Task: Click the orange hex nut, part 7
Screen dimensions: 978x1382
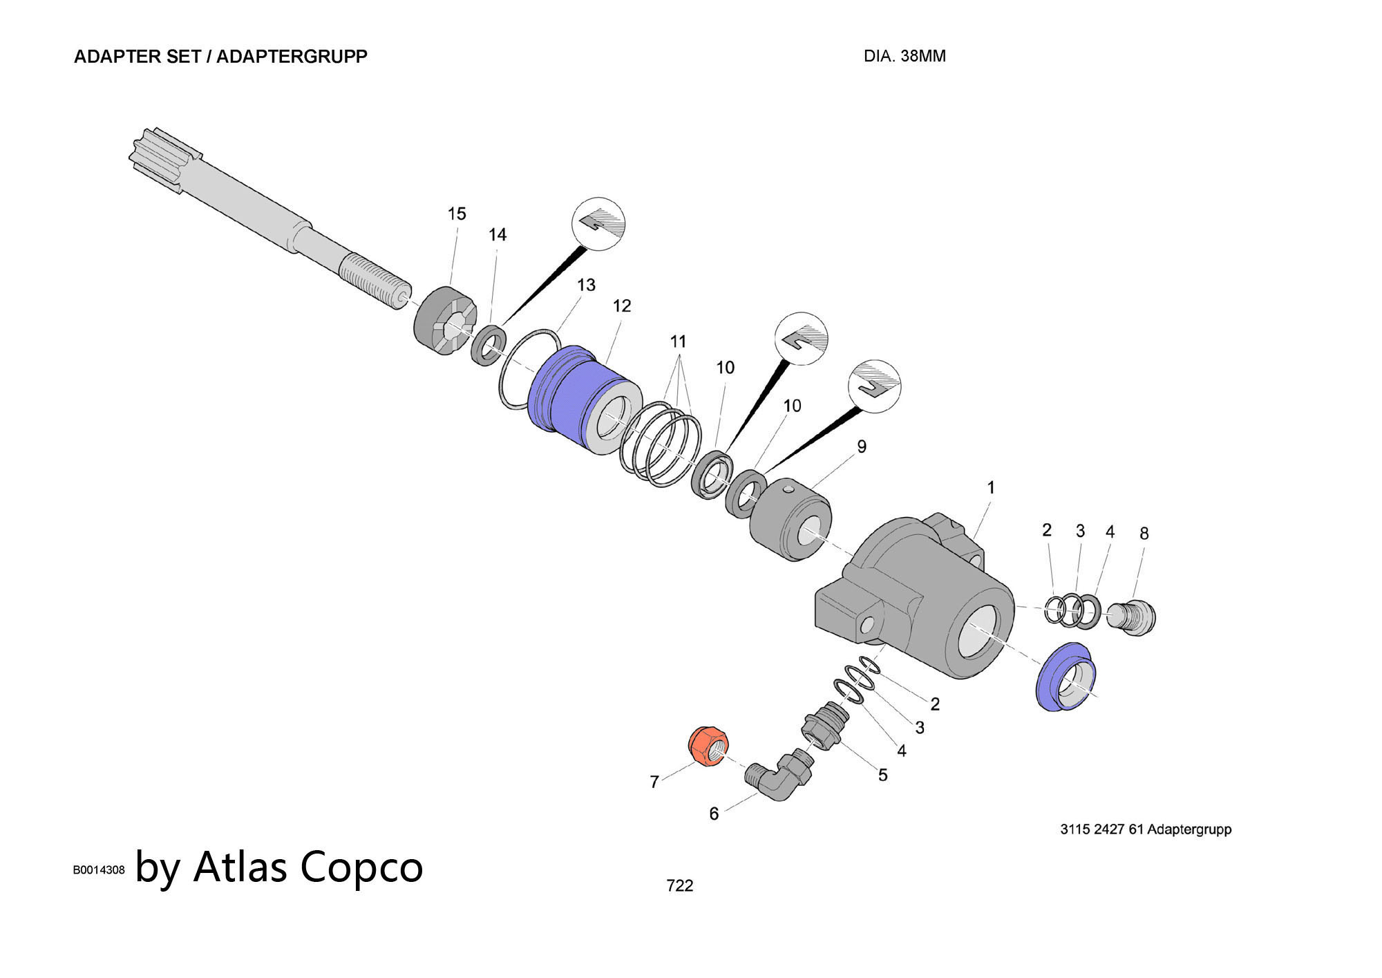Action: click(x=708, y=746)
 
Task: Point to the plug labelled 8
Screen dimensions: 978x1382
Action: click(x=1132, y=617)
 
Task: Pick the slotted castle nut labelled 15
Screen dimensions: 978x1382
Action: click(x=445, y=321)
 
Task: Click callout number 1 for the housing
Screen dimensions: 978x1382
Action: click(x=990, y=487)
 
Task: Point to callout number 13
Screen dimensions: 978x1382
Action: click(x=586, y=285)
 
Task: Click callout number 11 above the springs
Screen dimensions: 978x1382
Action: click(x=678, y=341)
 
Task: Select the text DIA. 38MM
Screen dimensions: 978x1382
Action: click(x=904, y=57)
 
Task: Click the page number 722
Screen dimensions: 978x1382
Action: click(x=679, y=885)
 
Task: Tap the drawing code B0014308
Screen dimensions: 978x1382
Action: click(x=99, y=870)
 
